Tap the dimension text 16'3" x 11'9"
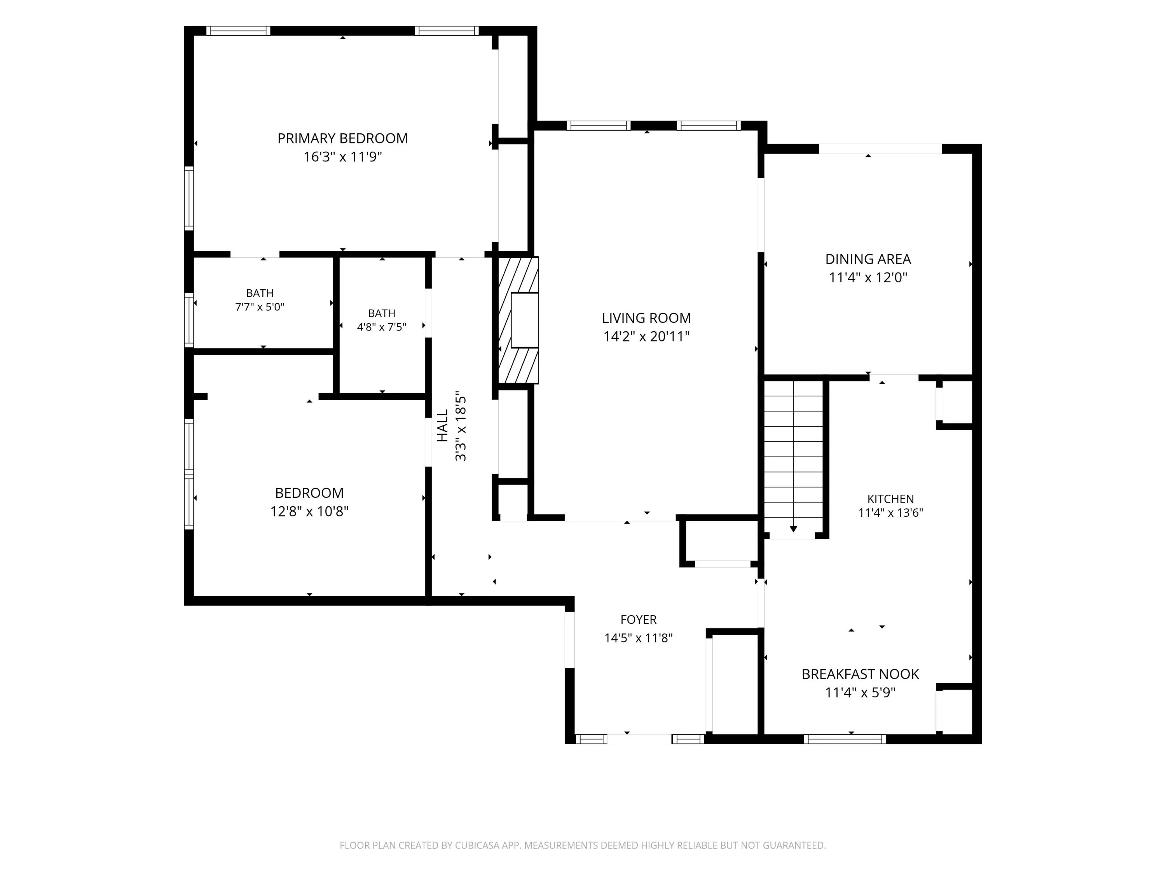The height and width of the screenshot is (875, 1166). click(343, 157)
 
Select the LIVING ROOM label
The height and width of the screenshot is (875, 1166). click(646, 318)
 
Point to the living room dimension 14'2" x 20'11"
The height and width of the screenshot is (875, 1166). click(646, 336)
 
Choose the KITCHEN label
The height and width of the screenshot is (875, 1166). click(891, 499)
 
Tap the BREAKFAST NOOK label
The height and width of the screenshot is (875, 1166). click(860, 674)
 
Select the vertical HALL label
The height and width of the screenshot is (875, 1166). click(442, 425)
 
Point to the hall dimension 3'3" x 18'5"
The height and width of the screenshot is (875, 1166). click(461, 425)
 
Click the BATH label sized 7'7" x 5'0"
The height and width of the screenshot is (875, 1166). click(260, 293)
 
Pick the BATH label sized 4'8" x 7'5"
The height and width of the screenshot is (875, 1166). click(382, 313)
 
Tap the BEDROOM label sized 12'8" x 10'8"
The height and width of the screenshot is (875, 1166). click(309, 493)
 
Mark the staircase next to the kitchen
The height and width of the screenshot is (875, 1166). click(793, 457)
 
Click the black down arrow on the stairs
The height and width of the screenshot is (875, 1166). click(793, 529)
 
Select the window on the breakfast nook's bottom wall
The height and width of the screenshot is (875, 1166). click(845, 739)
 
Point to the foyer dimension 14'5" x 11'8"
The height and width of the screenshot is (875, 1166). click(638, 638)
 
